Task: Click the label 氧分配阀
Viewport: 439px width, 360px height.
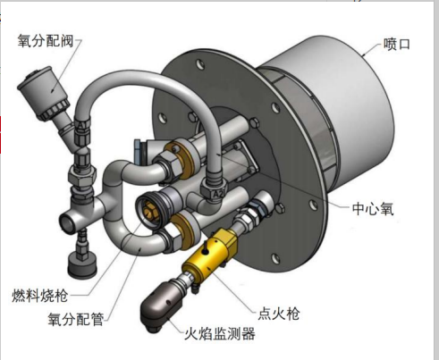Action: click(46, 40)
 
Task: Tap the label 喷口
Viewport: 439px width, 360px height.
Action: click(397, 45)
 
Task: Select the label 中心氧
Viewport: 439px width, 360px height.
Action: click(373, 209)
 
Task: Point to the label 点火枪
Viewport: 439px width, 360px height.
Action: click(279, 314)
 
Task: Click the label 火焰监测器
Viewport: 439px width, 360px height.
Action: click(220, 334)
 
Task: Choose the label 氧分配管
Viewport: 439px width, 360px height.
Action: click(76, 319)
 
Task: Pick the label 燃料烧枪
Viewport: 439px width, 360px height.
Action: click(40, 296)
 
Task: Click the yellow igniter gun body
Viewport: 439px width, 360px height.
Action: click(210, 253)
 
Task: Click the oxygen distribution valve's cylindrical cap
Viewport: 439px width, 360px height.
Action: click(43, 92)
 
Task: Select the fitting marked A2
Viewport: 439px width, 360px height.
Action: click(215, 191)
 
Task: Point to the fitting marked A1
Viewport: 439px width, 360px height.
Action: click(82, 128)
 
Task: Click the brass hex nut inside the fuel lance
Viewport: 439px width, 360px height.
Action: click(148, 207)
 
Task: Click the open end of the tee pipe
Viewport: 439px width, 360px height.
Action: click(68, 222)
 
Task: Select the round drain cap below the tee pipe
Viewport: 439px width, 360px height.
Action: click(82, 266)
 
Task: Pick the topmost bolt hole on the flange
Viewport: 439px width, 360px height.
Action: click(200, 64)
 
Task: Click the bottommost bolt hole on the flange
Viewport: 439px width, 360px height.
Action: click(275, 258)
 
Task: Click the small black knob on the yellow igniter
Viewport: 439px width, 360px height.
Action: click(205, 251)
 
